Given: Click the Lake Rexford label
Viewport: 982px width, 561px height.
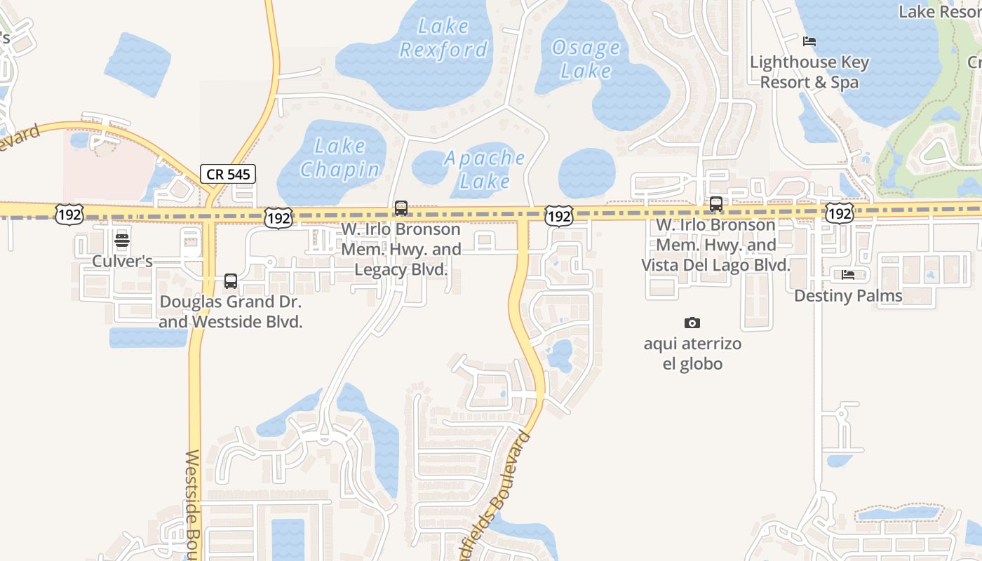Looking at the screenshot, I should (x=443, y=38).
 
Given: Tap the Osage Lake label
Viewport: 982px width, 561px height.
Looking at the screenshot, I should (x=586, y=59).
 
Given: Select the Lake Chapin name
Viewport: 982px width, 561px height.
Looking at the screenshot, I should (x=340, y=157).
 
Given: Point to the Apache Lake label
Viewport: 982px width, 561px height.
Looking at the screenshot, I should (x=485, y=169).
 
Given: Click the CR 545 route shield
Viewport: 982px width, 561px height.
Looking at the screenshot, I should (x=228, y=174).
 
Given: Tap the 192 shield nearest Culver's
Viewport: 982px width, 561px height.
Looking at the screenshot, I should (x=69, y=215).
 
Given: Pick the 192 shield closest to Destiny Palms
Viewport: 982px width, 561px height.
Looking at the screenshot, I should (x=839, y=213).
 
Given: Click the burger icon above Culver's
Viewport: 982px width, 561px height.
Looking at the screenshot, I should (x=122, y=241).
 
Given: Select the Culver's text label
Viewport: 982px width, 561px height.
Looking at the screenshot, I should (x=122, y=262).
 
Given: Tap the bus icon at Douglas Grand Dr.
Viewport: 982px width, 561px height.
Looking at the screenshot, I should (x=230, y=281).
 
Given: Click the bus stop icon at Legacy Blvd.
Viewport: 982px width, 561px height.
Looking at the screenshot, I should (x=401, y=208).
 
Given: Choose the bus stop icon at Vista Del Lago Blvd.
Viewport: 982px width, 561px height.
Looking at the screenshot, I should (x=715, y=204).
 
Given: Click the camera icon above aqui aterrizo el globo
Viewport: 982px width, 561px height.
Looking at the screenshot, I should (x=692, y=323).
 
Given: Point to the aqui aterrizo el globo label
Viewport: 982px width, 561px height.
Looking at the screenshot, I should (x=692, y=354).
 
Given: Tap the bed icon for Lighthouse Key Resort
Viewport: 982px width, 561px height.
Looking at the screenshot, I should (x=809, y=41).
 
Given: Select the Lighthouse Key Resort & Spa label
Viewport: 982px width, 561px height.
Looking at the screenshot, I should (x=809, y=72).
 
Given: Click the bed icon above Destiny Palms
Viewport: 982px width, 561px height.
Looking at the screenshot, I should (x=847, y=274).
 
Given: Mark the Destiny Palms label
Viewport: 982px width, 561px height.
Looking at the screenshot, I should (x=847, y=296).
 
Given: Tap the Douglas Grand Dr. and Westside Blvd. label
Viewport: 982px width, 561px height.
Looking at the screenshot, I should (x=230, y=312).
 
